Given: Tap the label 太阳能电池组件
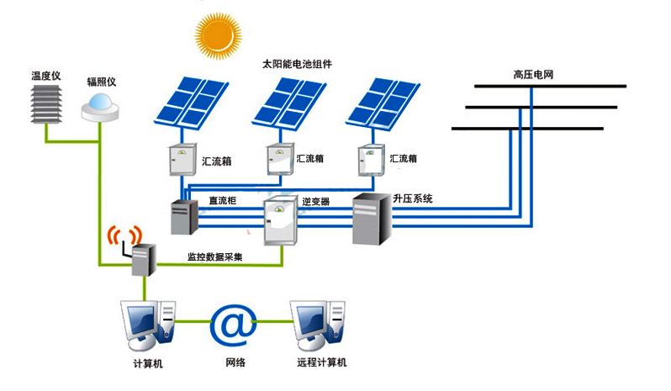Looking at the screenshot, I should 297,65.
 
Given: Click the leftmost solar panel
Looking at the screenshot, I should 193,102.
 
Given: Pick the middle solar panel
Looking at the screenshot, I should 290,102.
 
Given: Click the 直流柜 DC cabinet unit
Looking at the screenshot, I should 183,217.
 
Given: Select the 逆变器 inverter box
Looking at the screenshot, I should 281,220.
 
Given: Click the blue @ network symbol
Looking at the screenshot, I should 232,324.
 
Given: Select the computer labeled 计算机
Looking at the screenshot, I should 148,325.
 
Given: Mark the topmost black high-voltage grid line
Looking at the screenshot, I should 550,86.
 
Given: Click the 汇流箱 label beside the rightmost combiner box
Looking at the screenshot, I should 404,158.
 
